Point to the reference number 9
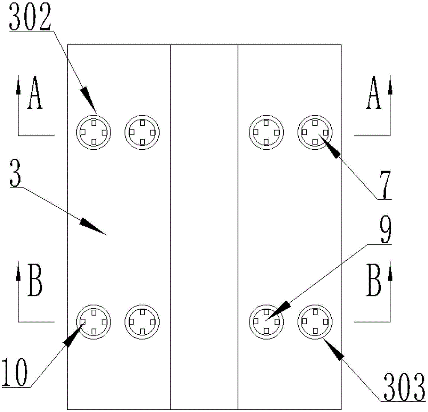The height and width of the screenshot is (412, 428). (385, 230)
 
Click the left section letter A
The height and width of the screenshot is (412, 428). (35, 95)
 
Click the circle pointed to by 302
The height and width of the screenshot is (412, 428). (94, 132)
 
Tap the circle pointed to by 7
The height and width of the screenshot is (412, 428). (315, 132)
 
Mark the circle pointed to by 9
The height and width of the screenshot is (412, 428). (266, 321)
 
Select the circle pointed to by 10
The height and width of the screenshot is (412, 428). (94, 321)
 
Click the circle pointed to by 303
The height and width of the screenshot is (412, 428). (315, 321)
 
